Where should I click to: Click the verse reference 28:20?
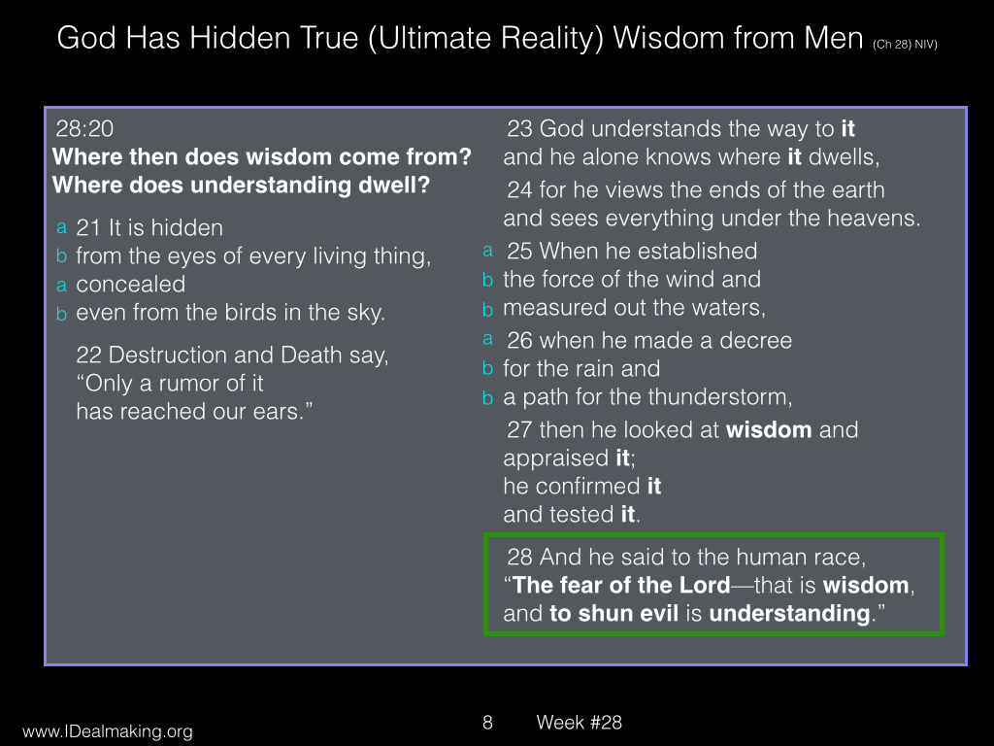click(84, 129)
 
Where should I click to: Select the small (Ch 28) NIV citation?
click(905, 45)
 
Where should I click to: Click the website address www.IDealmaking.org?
click(108, 731)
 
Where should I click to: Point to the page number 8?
click(487, 722)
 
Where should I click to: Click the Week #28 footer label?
click(579, 722)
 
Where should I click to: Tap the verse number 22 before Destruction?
click(88, 356)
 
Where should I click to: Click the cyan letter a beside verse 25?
click(487, 251)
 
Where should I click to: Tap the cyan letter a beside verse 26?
click(487, 339)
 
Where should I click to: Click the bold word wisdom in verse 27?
click(769, 430)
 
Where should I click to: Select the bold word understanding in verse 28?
click(789, 614)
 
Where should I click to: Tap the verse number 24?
click(520, 190)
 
